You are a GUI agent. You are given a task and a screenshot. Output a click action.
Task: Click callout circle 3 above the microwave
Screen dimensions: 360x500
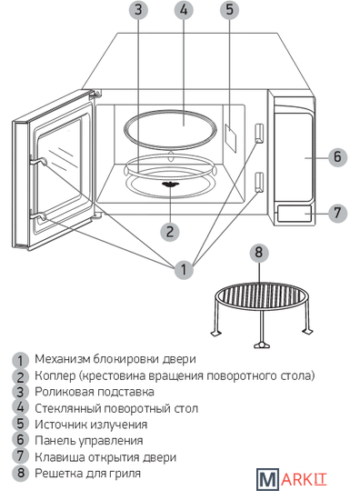[x=138, y=10]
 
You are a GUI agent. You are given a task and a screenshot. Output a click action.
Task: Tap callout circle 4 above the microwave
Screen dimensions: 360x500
[x=184, y=10]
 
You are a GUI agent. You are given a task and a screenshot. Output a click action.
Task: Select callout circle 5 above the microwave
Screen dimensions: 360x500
[x=230, y=10]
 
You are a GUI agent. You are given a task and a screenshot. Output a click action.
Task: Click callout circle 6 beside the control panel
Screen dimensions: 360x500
[x=337, y=157]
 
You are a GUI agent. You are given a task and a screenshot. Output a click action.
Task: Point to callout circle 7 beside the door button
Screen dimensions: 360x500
[x=337, y=213]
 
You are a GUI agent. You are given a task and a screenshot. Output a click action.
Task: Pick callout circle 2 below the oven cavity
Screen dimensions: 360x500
[x=170, y=232]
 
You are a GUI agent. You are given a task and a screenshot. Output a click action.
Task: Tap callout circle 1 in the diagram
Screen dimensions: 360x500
[x=184, y=270]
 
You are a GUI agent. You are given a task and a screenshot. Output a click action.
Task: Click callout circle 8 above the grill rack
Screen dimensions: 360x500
[x=259, y=254]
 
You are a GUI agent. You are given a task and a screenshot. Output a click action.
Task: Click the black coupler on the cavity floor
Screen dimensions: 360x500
[x=171, y=184]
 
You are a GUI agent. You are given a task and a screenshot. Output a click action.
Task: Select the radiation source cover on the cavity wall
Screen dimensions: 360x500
[x=231, y=138]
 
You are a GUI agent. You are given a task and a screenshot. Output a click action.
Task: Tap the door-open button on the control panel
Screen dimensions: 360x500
[x=294, y=214]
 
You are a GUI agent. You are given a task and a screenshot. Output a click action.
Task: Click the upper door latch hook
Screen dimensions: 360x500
[x=39, y=161]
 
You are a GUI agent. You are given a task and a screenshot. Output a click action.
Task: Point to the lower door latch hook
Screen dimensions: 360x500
[x=39, y=217]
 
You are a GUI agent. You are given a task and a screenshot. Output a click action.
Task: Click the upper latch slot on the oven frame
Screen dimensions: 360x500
[x=259, y=133]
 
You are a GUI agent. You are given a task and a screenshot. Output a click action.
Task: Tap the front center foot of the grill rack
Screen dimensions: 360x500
[x=262, y=345]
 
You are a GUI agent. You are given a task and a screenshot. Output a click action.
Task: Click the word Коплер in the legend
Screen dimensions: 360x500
[x=55, y=375]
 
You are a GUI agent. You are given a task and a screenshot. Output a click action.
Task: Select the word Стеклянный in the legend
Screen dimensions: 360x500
[x=67, y=408]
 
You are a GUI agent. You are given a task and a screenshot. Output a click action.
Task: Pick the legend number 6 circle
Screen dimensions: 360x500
[x=20, y=440]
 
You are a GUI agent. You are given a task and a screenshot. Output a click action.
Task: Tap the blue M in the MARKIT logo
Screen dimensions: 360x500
[x=267, y=479]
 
